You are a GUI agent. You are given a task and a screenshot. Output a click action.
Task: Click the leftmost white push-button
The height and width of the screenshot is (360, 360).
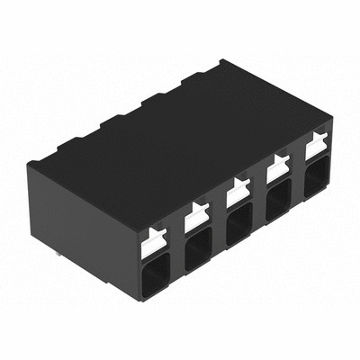click(x=157, y=238)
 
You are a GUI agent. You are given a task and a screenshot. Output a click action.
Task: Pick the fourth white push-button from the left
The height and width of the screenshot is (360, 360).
click(x=278, y=167)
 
